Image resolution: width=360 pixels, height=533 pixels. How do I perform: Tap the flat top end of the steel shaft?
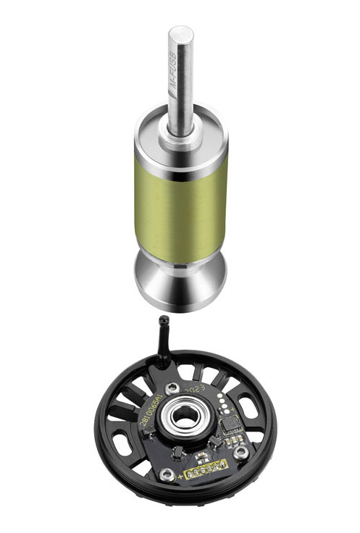click(180, 33)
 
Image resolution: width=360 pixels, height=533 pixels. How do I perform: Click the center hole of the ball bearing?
click(182, 416)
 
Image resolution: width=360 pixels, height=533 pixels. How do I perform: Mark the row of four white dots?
click(225, 400)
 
